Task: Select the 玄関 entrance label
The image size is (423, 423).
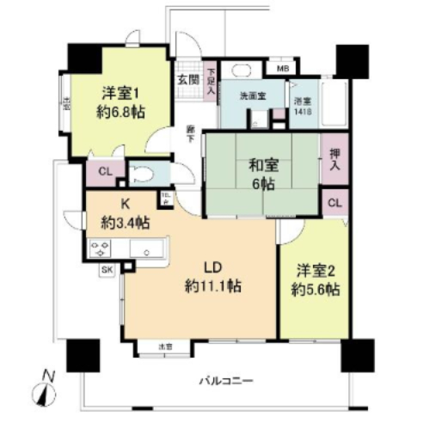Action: point(187,80)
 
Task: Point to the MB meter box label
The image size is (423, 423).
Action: point(281,68)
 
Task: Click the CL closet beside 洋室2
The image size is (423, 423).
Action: point(335,203)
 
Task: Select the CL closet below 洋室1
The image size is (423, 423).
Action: point(105,172)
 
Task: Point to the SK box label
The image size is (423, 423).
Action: point(108,270)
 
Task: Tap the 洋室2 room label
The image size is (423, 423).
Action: point(314,269)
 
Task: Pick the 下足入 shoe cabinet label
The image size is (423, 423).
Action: point(211,79)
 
